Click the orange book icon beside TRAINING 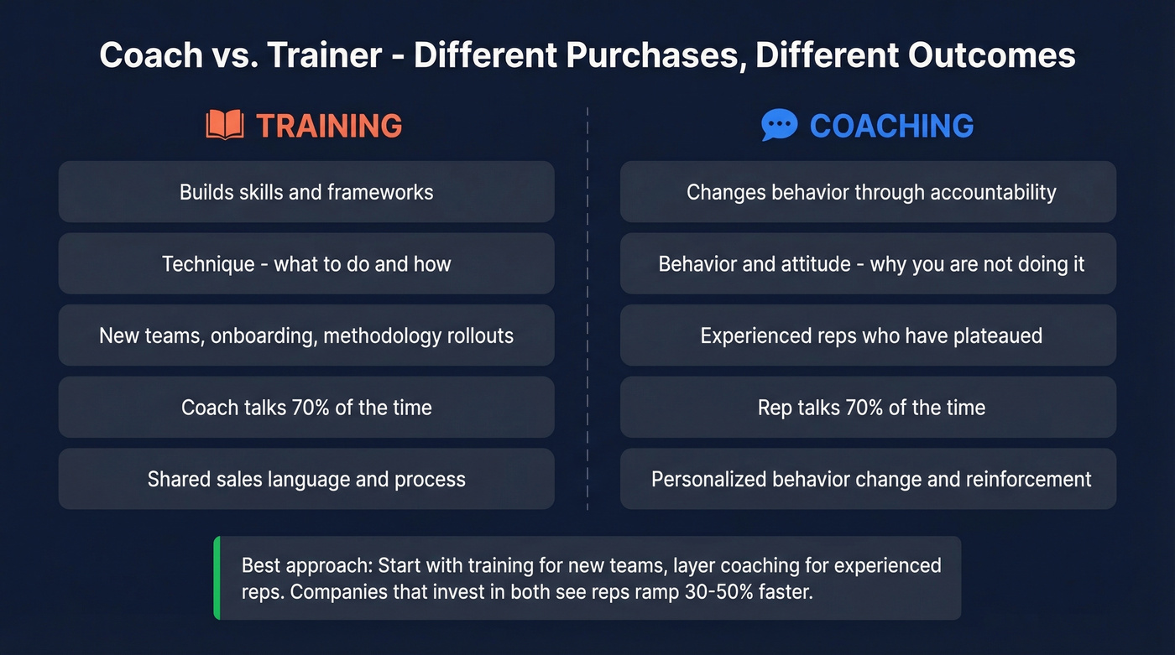[x=224, y=126]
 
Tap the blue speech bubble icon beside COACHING [x=779, y=126]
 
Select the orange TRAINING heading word [x=329, y=126]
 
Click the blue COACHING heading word [x=891, y=126]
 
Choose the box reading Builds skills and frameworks [x=306, y=192]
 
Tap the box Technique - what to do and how [x=306, y=264]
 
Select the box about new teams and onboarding [x=306, y=335]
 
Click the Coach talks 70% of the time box [x=306, y=408]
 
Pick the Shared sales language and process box [x=306, y=479]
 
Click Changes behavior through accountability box [x=868, y=192]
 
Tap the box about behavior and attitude [x=868, y=264]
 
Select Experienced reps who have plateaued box [x=868, y=335]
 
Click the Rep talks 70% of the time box [x=868, y=408]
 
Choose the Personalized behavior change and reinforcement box [x=868, y=479]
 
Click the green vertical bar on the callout [x=217, y=578]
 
